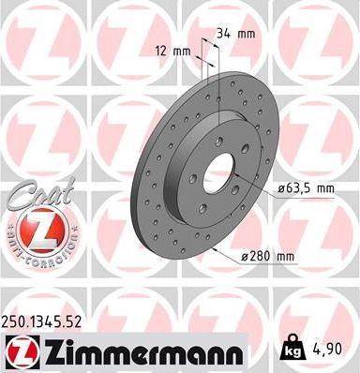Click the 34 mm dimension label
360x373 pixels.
pos(234,34)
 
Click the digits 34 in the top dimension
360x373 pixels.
pos(223,34)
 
